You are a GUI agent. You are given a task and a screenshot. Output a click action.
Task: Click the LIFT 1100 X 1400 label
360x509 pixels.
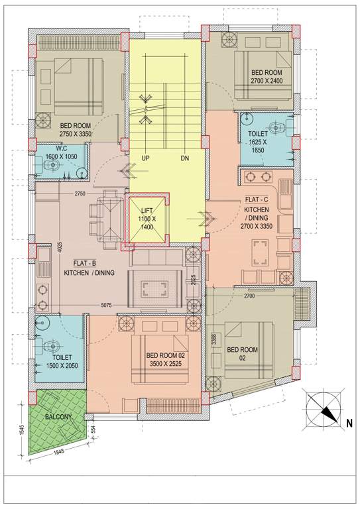(146, 219)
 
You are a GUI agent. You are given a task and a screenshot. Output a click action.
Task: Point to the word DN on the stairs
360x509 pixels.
(185, 159)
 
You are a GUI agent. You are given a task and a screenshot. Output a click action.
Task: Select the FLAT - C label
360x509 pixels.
(257, 198)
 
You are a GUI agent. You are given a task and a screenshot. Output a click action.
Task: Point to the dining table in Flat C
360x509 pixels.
(259, 253)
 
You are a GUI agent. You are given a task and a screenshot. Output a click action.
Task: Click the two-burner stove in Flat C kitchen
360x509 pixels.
(260, 177)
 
